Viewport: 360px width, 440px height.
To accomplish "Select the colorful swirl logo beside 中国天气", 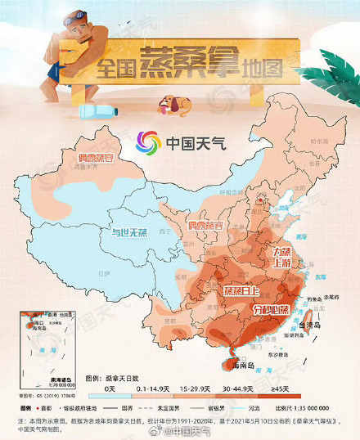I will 150,143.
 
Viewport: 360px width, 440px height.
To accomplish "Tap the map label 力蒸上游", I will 281,258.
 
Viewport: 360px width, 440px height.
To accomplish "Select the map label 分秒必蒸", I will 271,310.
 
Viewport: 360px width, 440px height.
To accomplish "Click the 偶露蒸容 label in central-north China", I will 205,224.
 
